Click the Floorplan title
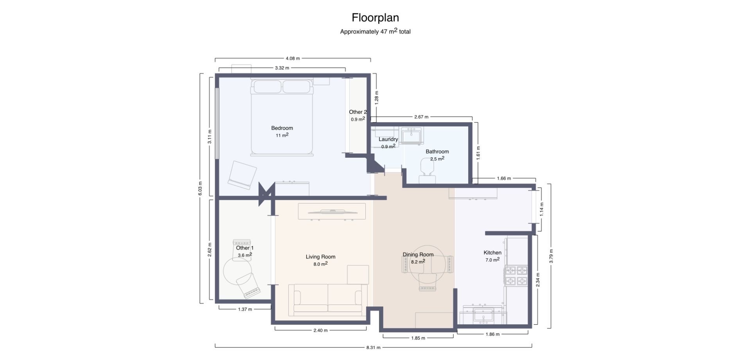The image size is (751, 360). click(x=375, y=18)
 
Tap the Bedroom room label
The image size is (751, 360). click(x=282, y=128)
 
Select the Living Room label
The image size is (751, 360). click(x=320, y=257)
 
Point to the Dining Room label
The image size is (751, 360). click(x=418, y=255)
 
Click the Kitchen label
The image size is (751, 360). click(x=492, y=253)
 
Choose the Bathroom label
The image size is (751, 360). click(x=437, y=151)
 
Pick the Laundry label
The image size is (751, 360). click(x=388, y=139)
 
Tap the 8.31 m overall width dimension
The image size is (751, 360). click(x=373, y=347)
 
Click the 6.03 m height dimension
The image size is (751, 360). click(x=200, y=189)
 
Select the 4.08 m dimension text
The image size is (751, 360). click(x=293, y=58)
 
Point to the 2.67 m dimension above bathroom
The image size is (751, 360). click(x=421, y=117)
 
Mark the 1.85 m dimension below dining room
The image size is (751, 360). click(x=418, y=338)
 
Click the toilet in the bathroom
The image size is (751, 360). click(x=427, y=171)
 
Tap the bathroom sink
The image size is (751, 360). click(x=411, y=135)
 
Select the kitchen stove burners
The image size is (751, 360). click(x=516, y=276)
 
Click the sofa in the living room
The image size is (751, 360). click(x=328, y=300)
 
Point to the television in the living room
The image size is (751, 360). click(x=332, y=212)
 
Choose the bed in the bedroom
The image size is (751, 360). click(x=282, y=117)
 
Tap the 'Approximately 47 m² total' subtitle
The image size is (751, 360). click(x=375, y=31)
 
